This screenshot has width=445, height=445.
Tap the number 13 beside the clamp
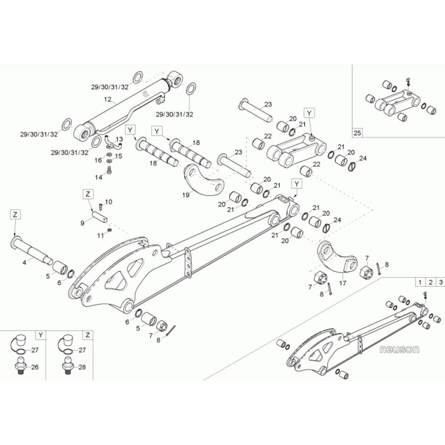click(119, 139)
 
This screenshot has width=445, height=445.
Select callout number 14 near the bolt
click(99, 177)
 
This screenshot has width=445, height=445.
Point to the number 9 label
click(82, 223)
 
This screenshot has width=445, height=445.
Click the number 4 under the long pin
click(24, 263)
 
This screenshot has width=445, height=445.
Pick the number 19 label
click(186, 194)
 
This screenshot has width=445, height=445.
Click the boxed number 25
click(358, 133)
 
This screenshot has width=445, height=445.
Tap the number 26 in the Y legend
click(35, 367)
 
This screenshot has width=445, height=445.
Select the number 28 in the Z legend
click(82, 367)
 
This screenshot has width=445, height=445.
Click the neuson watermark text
click(400, 349)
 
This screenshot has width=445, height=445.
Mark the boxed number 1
click(420, 282)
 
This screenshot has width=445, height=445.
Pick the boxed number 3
click(441, 282)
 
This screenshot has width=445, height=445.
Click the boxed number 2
click(430, 282)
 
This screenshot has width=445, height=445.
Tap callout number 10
click(109, 202)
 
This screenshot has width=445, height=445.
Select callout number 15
click(119, 156)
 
